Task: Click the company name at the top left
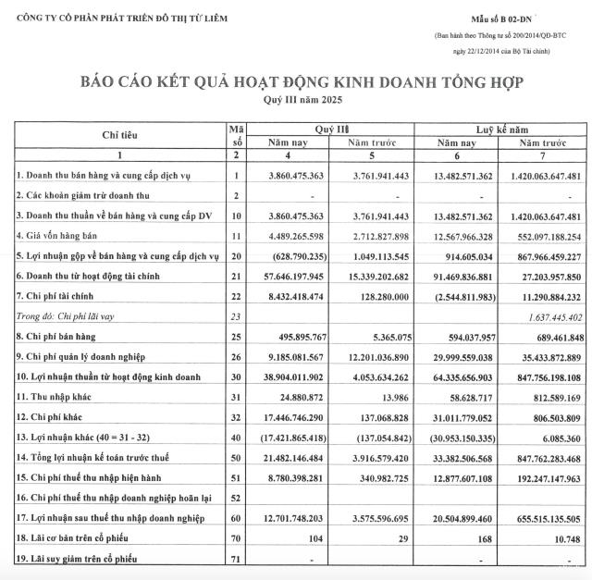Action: pyautogui.click(x=116, y=18)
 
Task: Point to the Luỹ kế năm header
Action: pyautogui.click(x=503, y=130)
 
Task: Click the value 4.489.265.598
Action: pyautogui.click(x=290, y=236)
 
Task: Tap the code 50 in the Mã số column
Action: pyautogui.click(x=237, y=459)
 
